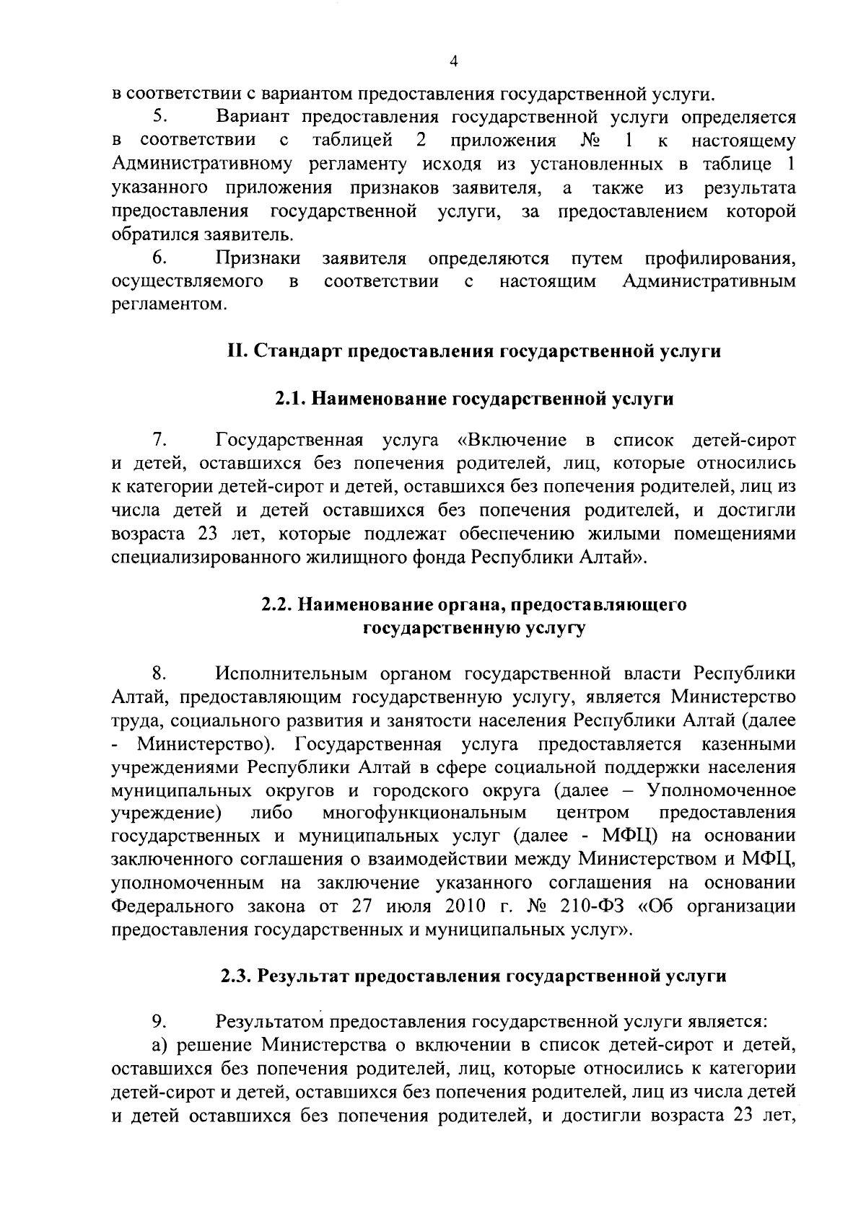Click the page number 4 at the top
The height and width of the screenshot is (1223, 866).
452,62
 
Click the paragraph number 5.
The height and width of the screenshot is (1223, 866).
159,117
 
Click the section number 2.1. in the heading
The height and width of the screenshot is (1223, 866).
292,399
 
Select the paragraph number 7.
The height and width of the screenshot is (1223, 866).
159,439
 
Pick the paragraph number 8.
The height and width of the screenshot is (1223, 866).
159,674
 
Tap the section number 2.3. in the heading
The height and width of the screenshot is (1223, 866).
237,976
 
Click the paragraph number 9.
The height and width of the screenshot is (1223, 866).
159,1021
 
